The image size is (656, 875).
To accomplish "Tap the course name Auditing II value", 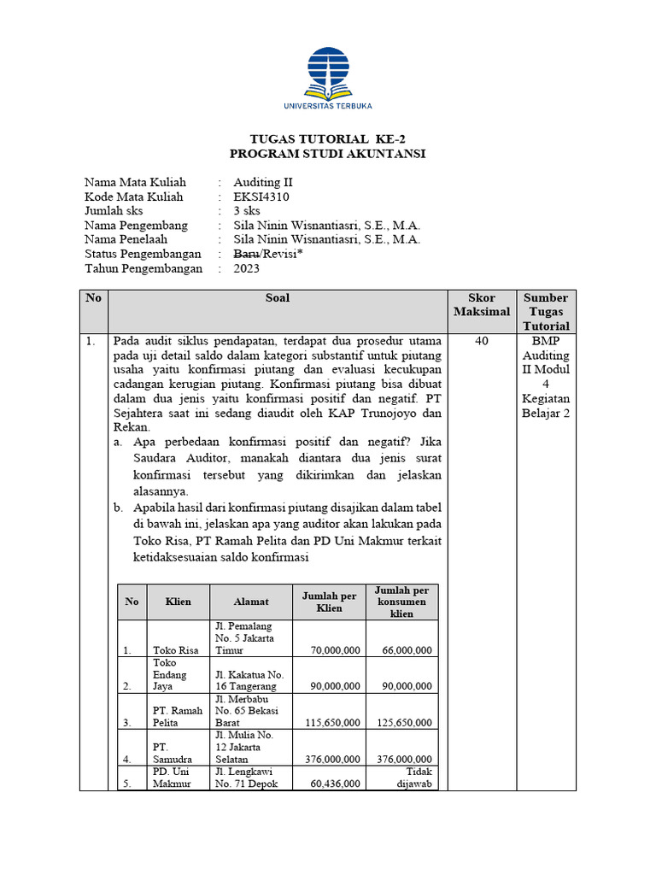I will pyautogui.click(x=263, y=182).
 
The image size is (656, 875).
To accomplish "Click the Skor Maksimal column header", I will pyautogui.click(x=482, y=305).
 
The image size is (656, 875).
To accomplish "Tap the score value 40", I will pyautogui.click(x=482, y=341).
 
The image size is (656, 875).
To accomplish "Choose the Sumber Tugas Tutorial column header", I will pyautogui.click(x=546, y=312).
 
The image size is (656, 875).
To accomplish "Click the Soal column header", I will pyautogui.click(x=278, y=298).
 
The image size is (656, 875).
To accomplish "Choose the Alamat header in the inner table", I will pyautogui.click(x=251, y=602).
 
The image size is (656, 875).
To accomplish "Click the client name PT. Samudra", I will pyautogui.click(x=172, y=752).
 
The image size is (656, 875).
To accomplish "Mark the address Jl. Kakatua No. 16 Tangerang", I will pyautogui.click(x=249, y=680).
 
